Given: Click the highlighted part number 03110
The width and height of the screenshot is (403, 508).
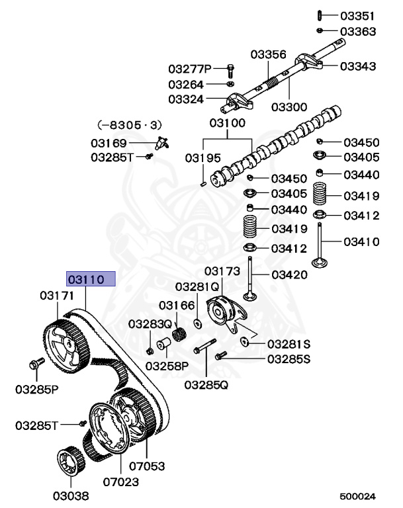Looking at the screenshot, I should tap(90, 279).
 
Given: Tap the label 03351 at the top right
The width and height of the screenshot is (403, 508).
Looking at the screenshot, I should tap(358, 15).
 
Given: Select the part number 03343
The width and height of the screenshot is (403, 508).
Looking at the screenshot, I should tap(358, 66).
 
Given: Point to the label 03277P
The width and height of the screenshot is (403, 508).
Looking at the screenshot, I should tap(189, 69).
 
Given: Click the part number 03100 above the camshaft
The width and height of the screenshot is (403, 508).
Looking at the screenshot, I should tap(227, 122).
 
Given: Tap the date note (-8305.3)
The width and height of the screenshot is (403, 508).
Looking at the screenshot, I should tap(130, 124).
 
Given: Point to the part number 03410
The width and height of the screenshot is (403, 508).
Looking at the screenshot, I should tap(361, 241).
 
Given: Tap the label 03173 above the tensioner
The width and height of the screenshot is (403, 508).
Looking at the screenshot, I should tap(220, 271).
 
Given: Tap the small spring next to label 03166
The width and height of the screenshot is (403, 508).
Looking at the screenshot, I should tap(177, 335).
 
